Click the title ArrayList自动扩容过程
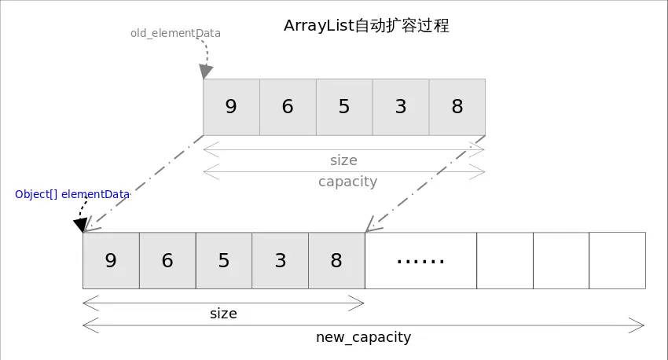[366, 26]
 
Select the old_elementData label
[175, 34]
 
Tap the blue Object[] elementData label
[72, 194]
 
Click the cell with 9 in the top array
[231, 107]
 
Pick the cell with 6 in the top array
[288, 107]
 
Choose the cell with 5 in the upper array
[344, 107]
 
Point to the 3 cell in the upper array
[401, 107]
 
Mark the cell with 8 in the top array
[457, 107]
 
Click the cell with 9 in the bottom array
[111, 261]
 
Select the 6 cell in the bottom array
[167, 261]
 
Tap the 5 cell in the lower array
[224, 261]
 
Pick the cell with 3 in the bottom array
[281, 261]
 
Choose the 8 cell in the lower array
[337, 261]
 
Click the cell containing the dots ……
[420, 261]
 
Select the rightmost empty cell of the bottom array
[618, 261]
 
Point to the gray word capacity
[347, 182]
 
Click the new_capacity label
[363, 337]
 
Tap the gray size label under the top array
[343, 160]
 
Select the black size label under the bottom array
[223, 314]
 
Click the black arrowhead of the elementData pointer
[80, 226]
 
